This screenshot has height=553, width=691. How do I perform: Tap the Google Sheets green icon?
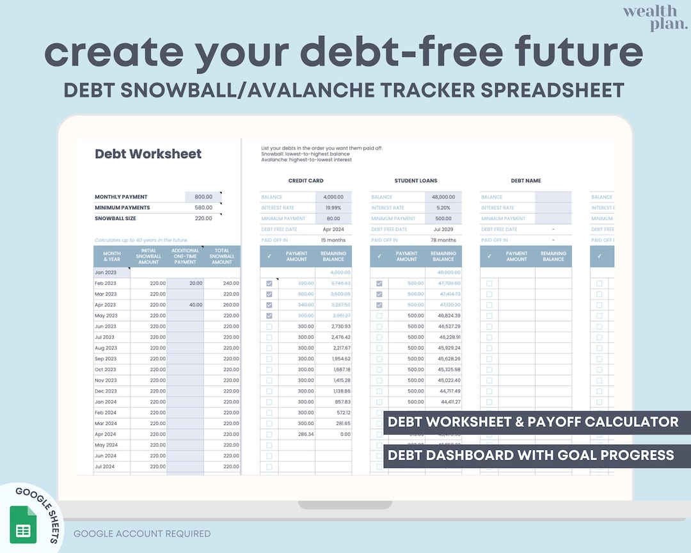pos(23,524)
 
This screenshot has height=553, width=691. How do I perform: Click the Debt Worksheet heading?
pos(148,154)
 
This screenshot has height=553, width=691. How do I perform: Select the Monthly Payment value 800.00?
pos(203,197)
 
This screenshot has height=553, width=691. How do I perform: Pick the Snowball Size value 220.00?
pos(203,218)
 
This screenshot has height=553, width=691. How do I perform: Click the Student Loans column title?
pos(415,180)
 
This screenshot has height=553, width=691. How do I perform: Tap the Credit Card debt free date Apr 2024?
pos(333,229)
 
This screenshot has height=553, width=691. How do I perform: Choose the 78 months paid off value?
pos(443,240)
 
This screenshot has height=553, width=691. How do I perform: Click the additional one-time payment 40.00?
pos(195,305)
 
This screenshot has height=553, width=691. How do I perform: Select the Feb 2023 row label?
pos(106,283)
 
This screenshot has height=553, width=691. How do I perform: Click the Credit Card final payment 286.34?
pos(305,434)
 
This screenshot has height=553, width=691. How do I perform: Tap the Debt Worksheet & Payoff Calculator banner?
pos(533,422)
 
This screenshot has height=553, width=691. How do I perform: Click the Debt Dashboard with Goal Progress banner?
pos(530,455)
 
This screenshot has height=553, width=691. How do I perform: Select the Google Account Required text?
pos(142,534)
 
